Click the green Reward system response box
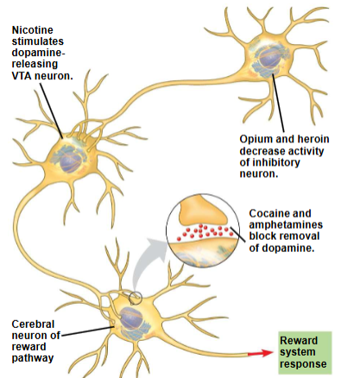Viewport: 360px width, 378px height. pyautogui.click(x=303, y=353)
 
